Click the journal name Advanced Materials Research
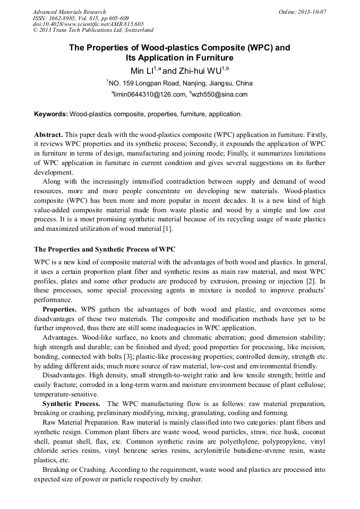coord(69,12)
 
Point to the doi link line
coord(88,24)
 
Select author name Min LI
coord(142,70)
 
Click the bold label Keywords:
coord(51,114)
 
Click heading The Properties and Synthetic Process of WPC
coord(105,249)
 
